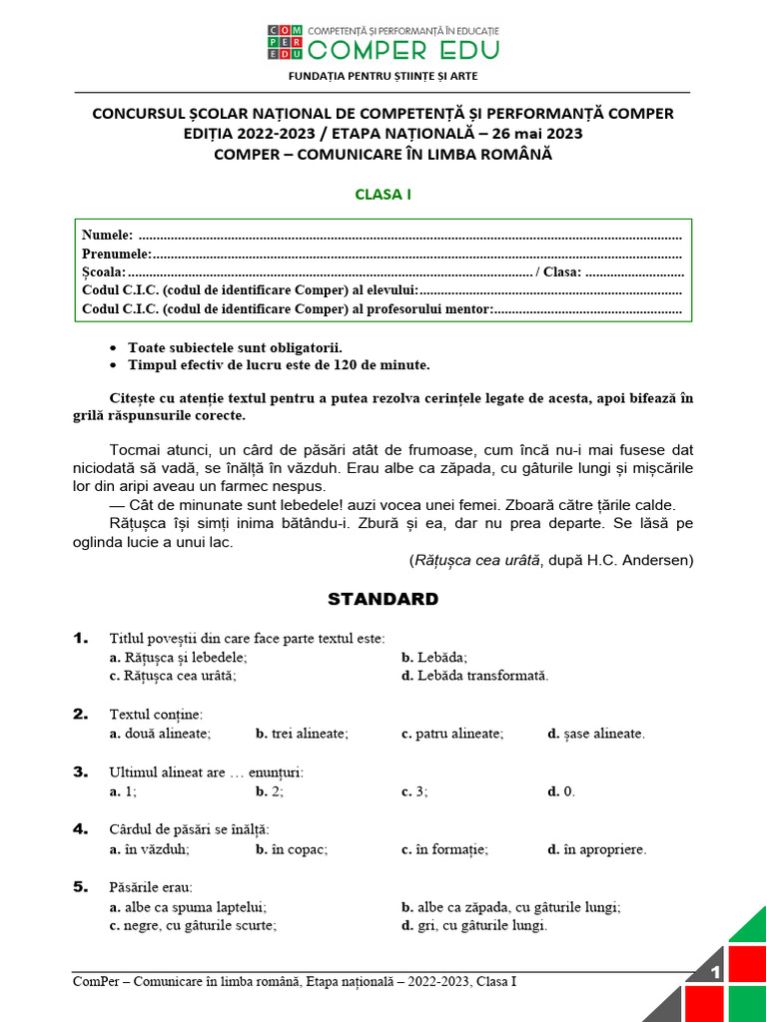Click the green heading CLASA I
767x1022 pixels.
click(383, 195)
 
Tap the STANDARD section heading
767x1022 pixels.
click(383, 599)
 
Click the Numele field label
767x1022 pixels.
click(107, 236)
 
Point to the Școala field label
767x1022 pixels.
click(104, 272)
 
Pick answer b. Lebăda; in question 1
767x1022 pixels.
click(434, 658)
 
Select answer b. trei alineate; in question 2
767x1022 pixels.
click(302, 734)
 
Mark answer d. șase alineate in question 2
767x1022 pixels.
click(595, 734)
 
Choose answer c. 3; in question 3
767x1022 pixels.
click(414, 791)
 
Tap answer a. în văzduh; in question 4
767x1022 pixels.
click(149, 849)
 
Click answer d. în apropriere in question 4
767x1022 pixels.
click(596, 849)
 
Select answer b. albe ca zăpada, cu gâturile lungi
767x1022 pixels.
click(510, 907)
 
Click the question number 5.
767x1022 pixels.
click(80, 886)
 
